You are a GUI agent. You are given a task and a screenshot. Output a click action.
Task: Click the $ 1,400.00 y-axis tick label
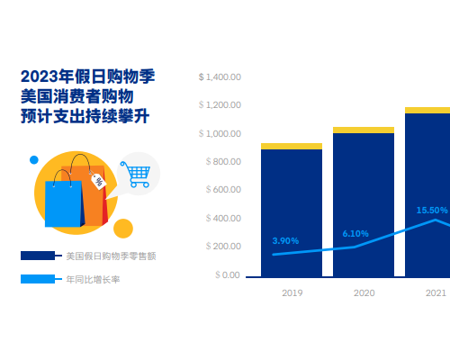220,77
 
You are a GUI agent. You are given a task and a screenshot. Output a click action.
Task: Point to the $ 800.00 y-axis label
223,162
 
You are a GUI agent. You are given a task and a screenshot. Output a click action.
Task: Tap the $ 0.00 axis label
228,274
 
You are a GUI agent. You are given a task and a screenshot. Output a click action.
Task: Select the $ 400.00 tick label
223,218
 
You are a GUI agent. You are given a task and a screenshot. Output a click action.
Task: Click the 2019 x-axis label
292,293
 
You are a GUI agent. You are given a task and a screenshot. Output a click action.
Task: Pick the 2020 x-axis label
364,293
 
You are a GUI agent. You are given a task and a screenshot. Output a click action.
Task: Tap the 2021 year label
436,293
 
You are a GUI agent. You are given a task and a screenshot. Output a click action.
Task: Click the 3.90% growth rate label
285,241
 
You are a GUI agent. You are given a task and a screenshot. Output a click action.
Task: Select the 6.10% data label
355,234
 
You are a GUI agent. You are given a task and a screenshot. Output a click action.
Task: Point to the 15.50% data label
432,211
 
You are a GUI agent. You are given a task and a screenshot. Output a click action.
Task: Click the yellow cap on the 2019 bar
292,146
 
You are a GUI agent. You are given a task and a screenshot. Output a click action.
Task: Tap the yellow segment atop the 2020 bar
364,130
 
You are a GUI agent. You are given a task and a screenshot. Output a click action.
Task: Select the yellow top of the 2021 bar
427,110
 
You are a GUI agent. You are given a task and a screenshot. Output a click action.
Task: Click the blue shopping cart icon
136,175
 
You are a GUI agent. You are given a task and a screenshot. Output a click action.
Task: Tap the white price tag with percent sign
98,181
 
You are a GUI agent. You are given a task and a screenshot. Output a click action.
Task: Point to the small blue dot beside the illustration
34,160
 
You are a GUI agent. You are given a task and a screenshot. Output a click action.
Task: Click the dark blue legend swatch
38,256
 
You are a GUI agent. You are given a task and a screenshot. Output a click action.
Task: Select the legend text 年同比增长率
93,280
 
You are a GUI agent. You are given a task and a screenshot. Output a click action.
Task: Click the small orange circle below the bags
123,229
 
